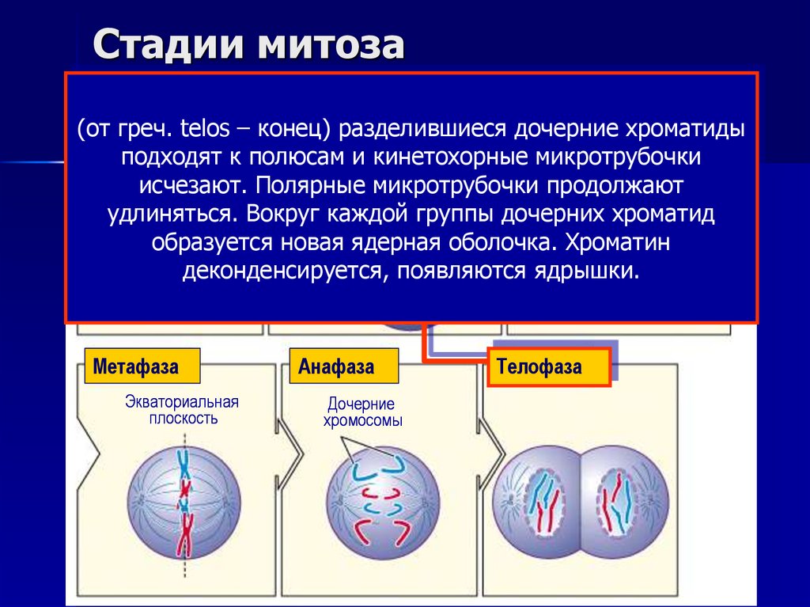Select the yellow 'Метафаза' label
coord(136,366)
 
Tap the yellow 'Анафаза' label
coord(337,366)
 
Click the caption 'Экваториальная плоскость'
coord(182,410)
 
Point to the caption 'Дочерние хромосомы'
coord(361,412)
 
